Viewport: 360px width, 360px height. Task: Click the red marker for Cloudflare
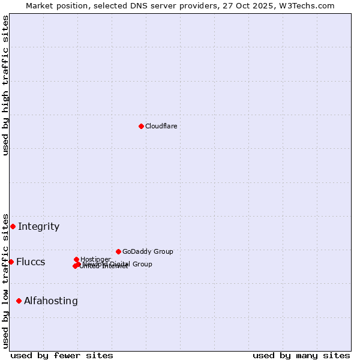point(141,126)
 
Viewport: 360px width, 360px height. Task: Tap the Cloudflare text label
point(161,126)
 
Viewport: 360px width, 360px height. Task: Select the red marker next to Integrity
point(13,226)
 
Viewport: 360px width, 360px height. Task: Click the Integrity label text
point(38,226)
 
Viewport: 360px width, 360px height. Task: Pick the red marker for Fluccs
point(11,262)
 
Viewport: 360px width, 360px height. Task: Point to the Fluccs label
point(31,262)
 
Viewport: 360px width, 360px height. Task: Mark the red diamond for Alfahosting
point(19,301)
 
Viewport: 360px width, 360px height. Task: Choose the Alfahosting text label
point(51,301)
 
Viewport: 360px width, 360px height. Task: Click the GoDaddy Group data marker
point(118,251)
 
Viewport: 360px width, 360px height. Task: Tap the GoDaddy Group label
point(148,251)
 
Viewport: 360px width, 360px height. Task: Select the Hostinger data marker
point(76,259)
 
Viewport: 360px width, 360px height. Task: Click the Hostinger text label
point(95,259)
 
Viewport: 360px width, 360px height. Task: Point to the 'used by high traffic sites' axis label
point(5,85)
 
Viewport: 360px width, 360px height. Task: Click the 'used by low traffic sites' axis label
point(5,280)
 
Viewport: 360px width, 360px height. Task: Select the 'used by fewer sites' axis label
point(62,355)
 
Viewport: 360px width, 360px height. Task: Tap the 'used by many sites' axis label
point(301,355)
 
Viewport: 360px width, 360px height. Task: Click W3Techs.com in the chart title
point(308,5)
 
